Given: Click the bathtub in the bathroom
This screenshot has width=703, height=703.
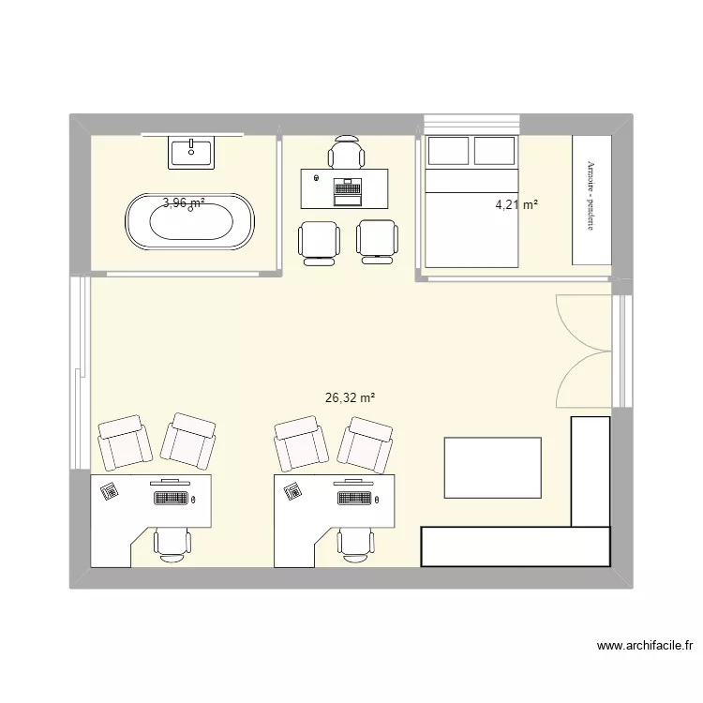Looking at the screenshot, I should (x=189, y=223).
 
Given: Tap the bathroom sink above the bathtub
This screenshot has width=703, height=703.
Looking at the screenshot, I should (x=191, y=152).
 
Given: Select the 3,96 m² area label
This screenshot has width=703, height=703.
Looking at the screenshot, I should (x=184, y=202).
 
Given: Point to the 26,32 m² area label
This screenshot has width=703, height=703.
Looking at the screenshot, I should (x=350, y=397).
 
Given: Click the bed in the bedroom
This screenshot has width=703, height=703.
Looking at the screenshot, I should (x=471, y=216).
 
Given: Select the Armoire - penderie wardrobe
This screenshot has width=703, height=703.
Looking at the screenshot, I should (x=591, y=199).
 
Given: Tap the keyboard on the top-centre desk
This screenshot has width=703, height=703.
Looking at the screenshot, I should (x=347, y=191).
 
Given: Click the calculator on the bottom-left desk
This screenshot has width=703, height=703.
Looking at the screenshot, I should (x=110, y=489).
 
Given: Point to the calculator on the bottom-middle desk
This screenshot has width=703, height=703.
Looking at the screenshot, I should (x=292, y=489).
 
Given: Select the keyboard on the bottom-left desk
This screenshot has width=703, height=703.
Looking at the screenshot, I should (x=171, y=497).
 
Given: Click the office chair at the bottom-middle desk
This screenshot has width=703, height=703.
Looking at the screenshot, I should (x=353, y=543).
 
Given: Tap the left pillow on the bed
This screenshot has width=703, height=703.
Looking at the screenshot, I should (x=447, y=150).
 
